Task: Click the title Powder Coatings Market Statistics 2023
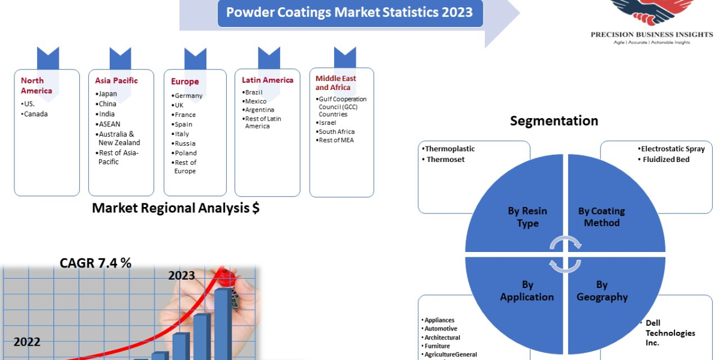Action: coord(350,12)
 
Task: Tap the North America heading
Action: coord(37,85)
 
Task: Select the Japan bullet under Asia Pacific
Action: coord(108,94)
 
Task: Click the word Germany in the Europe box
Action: coord(188,95)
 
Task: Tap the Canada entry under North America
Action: coord(35,114)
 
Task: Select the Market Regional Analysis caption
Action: coord(175,208)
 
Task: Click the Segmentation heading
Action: coord(554,121)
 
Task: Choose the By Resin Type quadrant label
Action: coord(527,217)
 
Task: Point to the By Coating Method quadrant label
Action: coord(601,217)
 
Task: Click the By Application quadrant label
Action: coord(527,290)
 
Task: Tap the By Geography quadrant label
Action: coord(602,290)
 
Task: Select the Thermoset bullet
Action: coord(445,160)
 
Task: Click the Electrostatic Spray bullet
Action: coord(673,149)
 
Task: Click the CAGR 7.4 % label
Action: coord(95,263)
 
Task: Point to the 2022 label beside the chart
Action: coord(27,342)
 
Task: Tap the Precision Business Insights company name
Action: coord(652,34)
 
